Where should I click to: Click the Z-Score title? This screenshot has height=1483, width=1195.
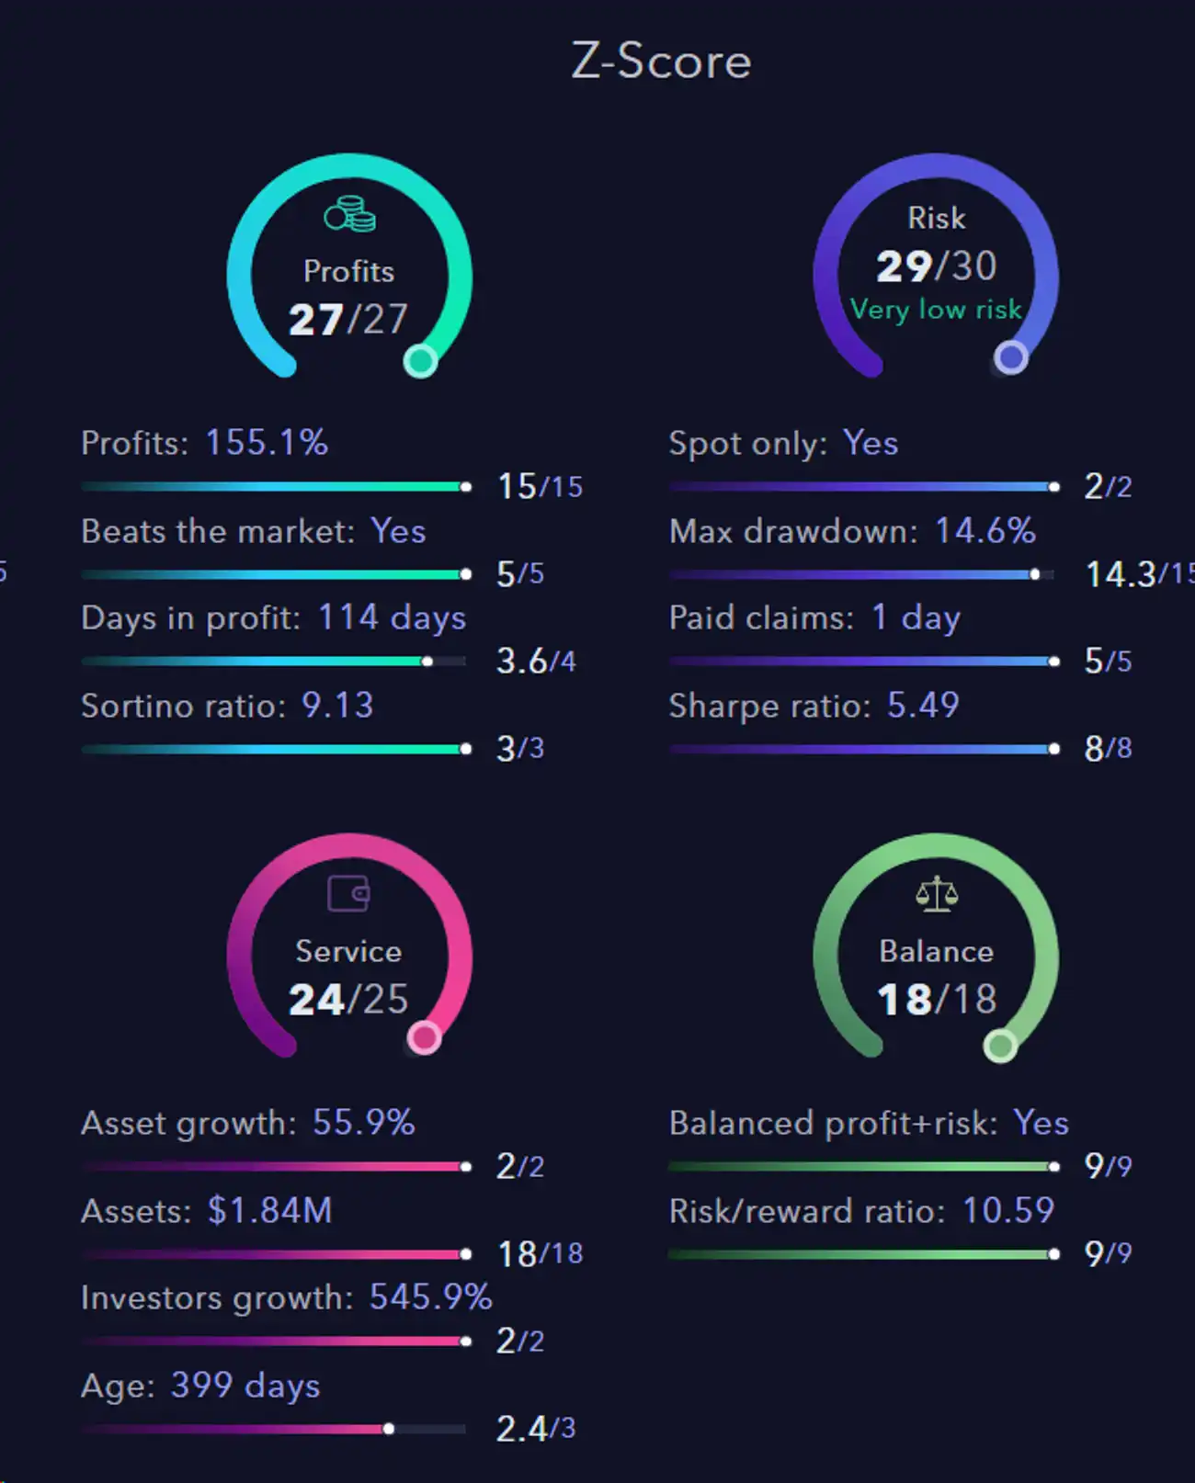[661, 62]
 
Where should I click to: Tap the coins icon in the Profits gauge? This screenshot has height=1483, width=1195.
[349, 215]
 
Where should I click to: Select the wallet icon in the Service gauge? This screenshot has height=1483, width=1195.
[348, 893]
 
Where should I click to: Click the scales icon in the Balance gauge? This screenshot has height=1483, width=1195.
[937, 893]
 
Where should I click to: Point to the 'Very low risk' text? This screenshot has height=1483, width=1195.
[936, 310]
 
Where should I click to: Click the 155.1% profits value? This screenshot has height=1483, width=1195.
[267, 443]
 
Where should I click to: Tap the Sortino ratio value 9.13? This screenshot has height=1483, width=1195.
[337, 706]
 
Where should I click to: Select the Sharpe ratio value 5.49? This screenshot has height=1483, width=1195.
[923, 706]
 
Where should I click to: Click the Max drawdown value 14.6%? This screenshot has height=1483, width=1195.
[985, 531]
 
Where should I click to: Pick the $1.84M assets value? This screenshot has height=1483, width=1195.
[269, 1211]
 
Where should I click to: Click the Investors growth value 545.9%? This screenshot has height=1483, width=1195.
[430, 1297]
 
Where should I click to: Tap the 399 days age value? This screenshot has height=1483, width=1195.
[245, 1386]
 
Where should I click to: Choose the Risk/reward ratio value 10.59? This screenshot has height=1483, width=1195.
[1007, 1211]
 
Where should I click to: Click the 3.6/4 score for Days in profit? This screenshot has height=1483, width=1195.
[536, 662]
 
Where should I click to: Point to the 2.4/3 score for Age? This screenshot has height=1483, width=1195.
[536, 1429]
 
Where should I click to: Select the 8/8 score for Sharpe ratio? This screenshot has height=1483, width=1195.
[1108, 749]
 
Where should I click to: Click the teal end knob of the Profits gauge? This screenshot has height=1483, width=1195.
[421, 361]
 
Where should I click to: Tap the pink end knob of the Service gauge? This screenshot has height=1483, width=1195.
[424, 1038]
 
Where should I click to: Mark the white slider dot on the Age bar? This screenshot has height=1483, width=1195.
[389, 1429]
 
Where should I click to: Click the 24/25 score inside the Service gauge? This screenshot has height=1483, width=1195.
[348, 1000]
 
